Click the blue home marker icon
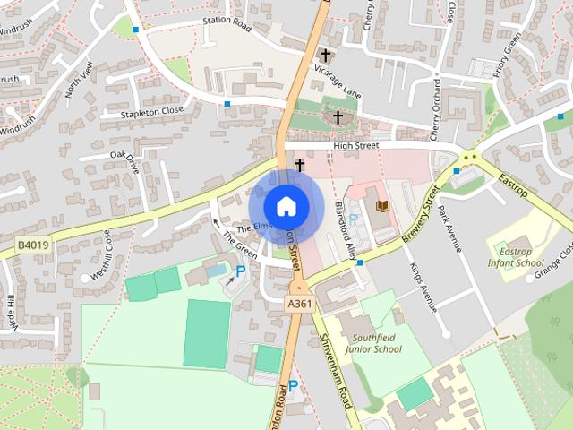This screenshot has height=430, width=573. [286, 206]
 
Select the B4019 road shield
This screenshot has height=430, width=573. [31, 243]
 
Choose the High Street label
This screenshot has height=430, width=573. [356, 145]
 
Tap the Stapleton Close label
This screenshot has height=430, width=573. [154, 111]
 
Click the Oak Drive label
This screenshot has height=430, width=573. [124, 161]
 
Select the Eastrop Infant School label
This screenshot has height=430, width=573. [515, 257]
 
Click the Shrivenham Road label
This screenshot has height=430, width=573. [337, 372]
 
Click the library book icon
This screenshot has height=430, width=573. [383, 207]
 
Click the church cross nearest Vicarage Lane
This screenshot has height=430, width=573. [325, 56]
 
